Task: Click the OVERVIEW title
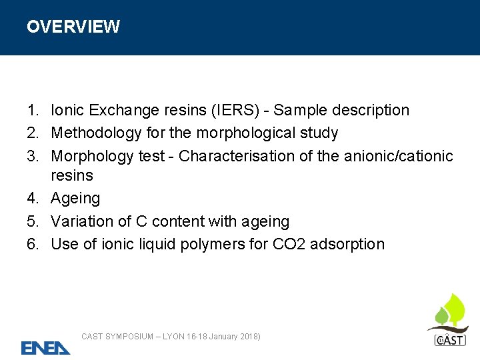click(x=73, y=27)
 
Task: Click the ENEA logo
click(x=45, y=347)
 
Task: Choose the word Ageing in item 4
click(x=75, y=198)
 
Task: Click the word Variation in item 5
click(x=81, y=221)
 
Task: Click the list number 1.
click(x=32, y=110)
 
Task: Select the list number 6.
click(x=32, y=244)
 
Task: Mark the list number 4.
click(x=32, y=198)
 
